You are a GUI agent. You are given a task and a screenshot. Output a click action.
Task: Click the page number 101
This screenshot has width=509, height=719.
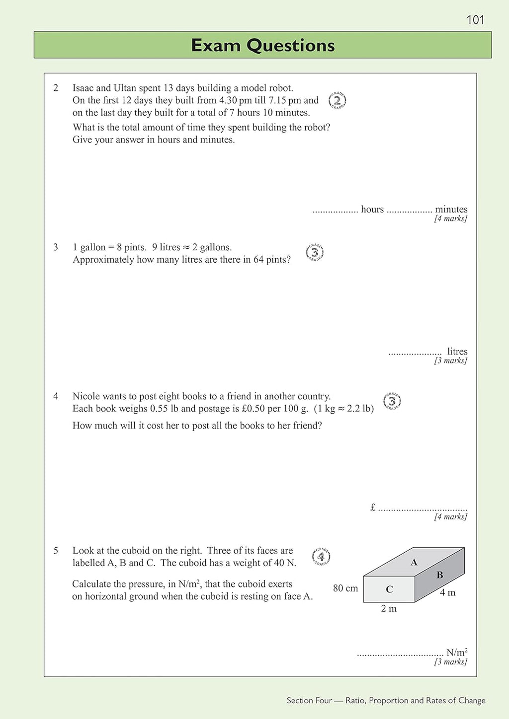475,20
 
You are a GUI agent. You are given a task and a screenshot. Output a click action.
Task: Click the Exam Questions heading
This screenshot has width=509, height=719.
262,45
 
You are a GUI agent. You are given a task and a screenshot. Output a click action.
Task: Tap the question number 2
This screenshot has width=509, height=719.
56,88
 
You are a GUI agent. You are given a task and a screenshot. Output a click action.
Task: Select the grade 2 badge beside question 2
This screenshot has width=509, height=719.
337,100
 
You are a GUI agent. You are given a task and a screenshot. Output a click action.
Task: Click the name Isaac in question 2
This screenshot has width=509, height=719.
83,88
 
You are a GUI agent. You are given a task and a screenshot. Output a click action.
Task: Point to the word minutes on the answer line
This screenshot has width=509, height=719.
451,209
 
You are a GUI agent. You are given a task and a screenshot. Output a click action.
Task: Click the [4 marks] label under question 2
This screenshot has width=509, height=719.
450,218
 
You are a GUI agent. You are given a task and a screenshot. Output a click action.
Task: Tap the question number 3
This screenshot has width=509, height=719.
56,247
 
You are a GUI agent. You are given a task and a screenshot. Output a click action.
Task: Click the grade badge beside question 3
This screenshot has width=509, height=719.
315,252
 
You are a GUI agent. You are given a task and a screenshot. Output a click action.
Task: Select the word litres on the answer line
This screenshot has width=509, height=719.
457,351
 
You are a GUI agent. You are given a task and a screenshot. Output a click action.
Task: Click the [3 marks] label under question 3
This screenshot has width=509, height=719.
450,360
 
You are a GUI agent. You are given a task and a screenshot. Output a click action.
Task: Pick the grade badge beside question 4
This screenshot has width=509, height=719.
392,401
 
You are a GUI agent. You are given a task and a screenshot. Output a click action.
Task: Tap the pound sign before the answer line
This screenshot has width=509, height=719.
373,507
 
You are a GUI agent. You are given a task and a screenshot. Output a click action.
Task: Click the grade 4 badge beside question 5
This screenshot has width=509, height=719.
321,557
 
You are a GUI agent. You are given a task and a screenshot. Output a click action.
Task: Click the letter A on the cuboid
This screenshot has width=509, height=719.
414,562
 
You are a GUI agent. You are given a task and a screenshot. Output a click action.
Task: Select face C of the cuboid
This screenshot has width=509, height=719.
389,589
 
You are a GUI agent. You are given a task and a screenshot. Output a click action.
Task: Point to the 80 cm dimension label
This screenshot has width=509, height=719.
345,588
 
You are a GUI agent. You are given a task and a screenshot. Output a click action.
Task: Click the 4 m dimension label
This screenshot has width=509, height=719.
447,592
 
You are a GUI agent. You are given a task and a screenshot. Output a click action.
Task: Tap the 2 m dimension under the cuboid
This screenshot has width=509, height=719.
389,608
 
